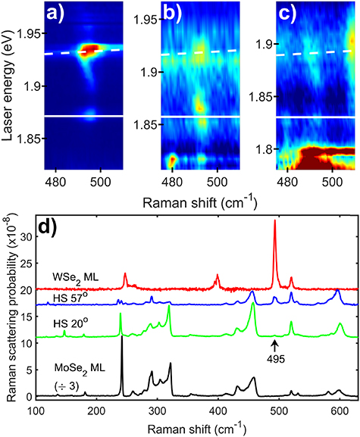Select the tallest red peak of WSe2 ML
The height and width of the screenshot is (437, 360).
[x=274, y=221]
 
